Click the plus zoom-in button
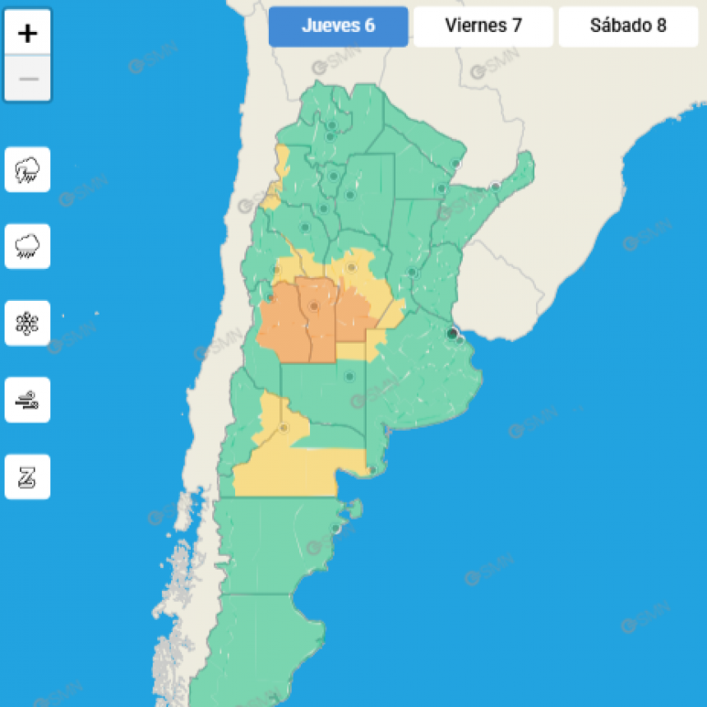click(x=28, y=34)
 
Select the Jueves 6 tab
click(x=338, y=25)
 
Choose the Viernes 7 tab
click(x=483, y=25)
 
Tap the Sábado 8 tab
click(x=628, y=25)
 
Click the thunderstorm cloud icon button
click(x=27, y=169)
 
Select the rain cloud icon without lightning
click(x=27, y=246)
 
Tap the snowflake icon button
click(x=27, y=322)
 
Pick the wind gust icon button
click(x=27, y=400)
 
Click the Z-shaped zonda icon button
click(x=27, y=477)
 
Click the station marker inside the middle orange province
click(x=313, y=307)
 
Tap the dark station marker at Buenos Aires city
click(x=451, y=334)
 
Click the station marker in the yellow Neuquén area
click(x=284, y=427)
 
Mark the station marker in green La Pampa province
click(x=349, y=377)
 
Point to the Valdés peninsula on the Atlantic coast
click(x=353, y=509)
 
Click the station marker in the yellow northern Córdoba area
click(x=351, y=267)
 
